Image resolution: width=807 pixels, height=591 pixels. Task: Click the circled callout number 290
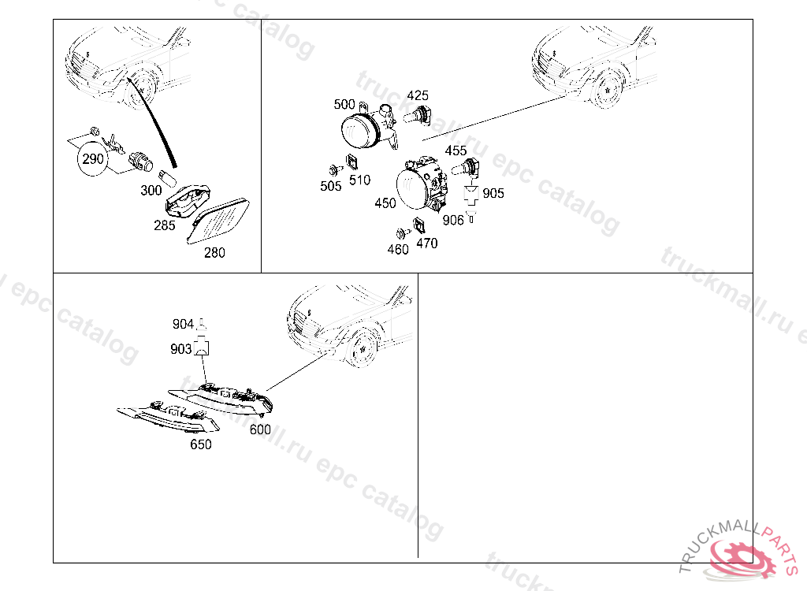pos(93,158)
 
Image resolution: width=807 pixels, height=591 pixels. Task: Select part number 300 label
pos(151,191)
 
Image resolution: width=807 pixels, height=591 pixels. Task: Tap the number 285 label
pos(165,225)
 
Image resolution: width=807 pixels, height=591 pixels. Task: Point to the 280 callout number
pos(214,253)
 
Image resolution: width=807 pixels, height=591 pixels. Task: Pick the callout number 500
pos(344,105)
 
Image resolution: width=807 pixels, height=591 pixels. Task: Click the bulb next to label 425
pos(418,115)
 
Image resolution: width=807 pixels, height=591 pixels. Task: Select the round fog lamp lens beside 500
pos(361,132)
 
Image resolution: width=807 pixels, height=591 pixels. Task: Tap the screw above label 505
pos(336,169)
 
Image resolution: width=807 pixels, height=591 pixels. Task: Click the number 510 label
pos(359,180)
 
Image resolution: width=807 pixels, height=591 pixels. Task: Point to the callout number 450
pos(385,203)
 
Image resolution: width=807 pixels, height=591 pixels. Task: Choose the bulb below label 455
pos(466,169)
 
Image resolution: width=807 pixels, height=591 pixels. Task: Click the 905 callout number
pos(493,194)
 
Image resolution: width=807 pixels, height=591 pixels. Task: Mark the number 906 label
pos(453,221)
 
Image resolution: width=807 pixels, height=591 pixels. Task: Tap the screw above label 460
pos(403,233)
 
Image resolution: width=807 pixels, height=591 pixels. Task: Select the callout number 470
pos(427,243)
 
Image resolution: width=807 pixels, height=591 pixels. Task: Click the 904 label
pos(183,324)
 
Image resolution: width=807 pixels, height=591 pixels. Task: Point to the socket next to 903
pos(203,348)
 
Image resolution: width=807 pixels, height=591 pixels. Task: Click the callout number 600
pos(260,429)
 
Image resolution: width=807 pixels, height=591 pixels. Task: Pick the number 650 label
pos(201,444)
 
